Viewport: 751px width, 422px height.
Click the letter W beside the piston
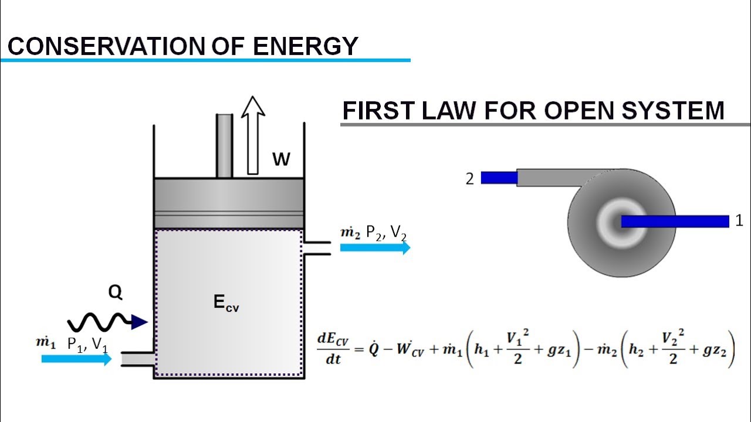(281, 159)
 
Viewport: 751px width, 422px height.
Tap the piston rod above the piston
(224, 145)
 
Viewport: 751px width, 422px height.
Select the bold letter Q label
(115, 293)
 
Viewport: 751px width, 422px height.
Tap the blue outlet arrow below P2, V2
(375, 247)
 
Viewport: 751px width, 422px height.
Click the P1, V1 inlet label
(87, 345)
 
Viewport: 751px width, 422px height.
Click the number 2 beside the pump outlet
(469, 179)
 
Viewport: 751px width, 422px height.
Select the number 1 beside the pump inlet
(739, 221)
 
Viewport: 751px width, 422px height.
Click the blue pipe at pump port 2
(499, 177)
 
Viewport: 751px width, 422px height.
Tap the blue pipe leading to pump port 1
(675, 221)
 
